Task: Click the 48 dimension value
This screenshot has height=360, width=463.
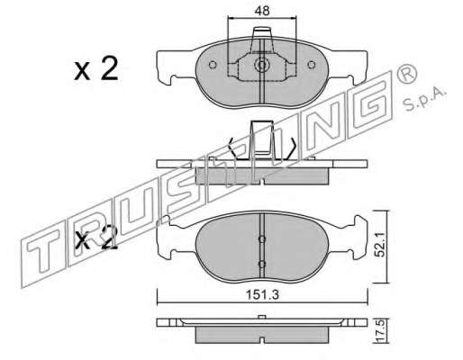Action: (x=262, y=11)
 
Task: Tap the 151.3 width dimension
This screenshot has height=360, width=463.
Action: (x=262, y=295)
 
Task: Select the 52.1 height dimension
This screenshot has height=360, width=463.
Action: (x=380, y=247)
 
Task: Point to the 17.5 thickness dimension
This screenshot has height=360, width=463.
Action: (x=379, y=331)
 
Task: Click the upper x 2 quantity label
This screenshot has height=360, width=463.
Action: (x=96, y=69)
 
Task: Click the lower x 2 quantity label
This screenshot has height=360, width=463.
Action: (x=96, y=238)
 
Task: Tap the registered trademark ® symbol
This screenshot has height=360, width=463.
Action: (x=407, y=74)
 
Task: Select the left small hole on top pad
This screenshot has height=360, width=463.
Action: (x=213, y=65)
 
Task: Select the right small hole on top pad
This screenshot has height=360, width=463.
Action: (x=312, y=65)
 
